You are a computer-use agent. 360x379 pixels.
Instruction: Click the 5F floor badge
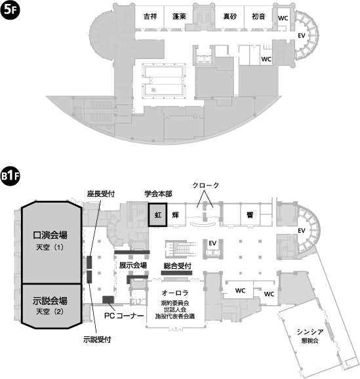point(10,10)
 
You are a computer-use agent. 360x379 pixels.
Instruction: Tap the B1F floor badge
point(10,176)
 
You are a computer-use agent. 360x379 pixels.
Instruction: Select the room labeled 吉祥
point(150,18)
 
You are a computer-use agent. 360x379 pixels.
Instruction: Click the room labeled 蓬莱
point(179,18)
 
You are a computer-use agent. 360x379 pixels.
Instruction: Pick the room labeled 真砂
point(230,18)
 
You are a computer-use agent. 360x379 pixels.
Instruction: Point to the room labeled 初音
point(258,18)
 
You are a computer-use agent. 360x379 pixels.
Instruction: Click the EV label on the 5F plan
point(302,36)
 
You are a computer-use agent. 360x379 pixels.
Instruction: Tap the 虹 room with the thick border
point(157,214)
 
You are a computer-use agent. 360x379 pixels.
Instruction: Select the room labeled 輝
point(176,214)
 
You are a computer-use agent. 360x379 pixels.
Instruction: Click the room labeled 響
point(250,214)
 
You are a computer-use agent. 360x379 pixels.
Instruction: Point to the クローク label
point(206,186)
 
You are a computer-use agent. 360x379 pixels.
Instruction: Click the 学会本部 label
point(159,194)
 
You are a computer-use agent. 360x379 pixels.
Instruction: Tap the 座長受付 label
point(101,194)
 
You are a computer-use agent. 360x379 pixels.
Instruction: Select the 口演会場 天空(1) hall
point(51,243)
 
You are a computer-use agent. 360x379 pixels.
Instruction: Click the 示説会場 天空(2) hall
point(51,306)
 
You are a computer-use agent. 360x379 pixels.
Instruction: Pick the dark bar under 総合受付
point(177,273)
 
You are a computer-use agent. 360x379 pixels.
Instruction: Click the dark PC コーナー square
point(108,300)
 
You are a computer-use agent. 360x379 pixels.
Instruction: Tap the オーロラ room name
point(175,293)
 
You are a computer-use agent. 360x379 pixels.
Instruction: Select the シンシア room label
point(310,332)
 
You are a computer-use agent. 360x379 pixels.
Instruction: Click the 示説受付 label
point(97,340)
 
